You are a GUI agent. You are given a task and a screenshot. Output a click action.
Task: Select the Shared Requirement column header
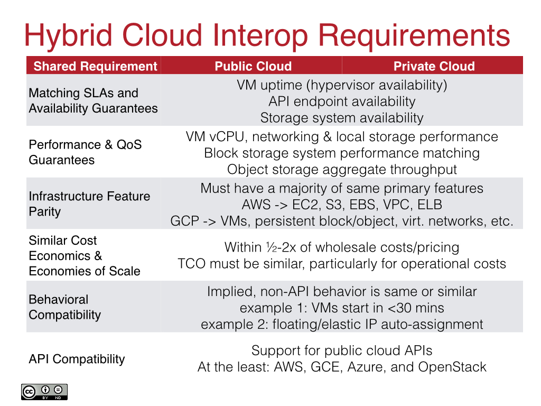click(95, 66)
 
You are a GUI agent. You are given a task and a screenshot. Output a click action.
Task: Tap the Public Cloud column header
click(253, 66)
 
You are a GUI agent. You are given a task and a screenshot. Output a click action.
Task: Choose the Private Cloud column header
click(434, 66)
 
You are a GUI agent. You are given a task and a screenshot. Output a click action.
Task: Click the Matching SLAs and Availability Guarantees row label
click(93, 100)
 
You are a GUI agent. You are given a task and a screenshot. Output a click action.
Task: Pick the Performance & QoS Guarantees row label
click(85, 152)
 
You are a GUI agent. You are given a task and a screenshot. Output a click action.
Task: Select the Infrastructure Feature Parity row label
click(89, 204)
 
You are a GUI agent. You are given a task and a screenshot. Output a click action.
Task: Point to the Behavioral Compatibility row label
click(64, 307)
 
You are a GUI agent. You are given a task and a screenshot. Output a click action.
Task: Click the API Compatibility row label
click(77, 359)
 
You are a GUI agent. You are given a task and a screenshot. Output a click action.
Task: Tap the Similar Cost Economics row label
click(85, 256)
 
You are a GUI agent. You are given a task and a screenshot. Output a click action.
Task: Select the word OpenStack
click(452, 367)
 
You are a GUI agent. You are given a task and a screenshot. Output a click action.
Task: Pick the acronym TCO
click(191, 263)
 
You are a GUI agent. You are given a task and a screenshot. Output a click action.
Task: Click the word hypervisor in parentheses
click(346, 85)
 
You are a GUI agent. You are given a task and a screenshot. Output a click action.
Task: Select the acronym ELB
click(428, 205)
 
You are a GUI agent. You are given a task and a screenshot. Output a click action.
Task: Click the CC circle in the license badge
click(29, 391)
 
